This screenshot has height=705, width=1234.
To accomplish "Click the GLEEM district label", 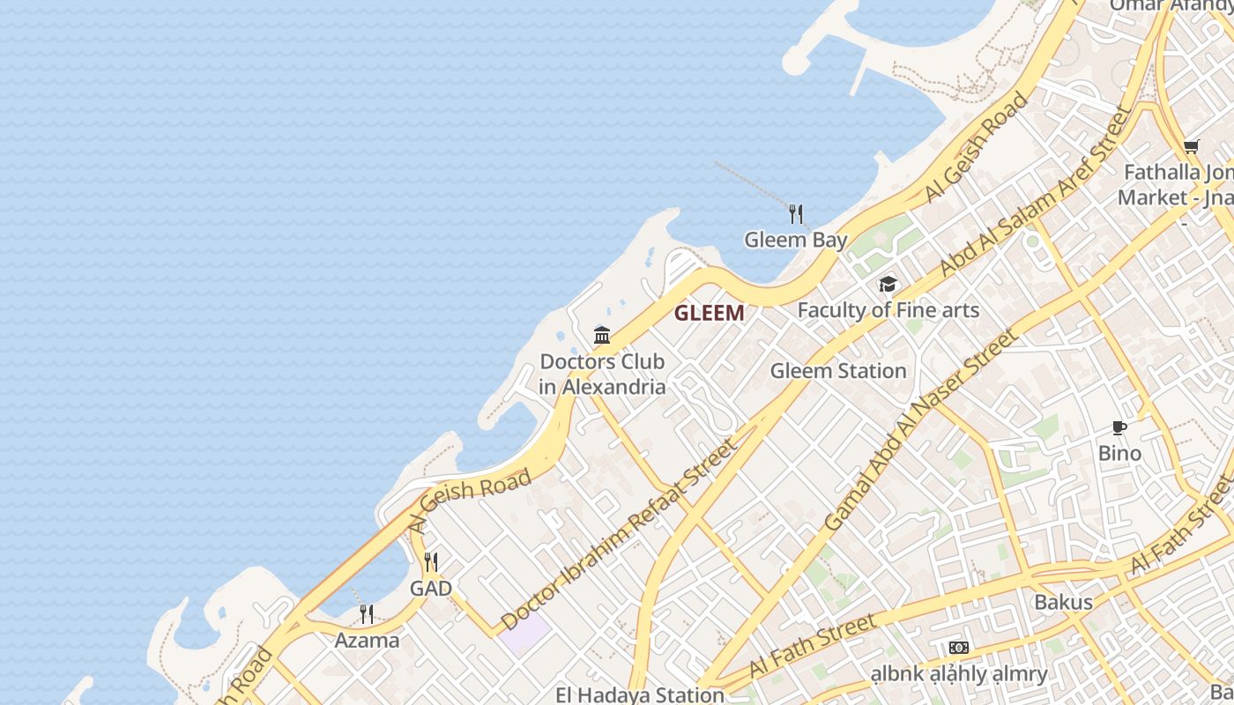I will click(709, 313).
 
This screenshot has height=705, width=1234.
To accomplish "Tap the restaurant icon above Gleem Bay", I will click(796, 213).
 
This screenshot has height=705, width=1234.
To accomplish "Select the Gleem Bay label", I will click(796, 240).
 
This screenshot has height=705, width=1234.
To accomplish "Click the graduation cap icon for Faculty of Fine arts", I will click(888, 284).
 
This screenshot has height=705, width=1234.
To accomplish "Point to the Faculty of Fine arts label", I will click(888, 310).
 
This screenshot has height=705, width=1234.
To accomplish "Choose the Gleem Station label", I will click(838, 371).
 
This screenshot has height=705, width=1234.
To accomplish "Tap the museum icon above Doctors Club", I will click(602, 335).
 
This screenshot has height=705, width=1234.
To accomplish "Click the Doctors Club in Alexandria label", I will click(602, 374).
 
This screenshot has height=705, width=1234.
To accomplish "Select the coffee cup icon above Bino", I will click(1119, 427).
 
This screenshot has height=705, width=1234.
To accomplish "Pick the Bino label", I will click(1119, 454).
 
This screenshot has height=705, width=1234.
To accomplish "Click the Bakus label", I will click(1063, 603).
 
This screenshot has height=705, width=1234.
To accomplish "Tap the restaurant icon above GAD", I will click(431, 561).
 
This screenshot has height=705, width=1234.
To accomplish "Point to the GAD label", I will click(431, 589).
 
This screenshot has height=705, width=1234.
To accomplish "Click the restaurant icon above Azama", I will click(367, 613).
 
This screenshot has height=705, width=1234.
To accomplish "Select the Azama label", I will click(367, 641).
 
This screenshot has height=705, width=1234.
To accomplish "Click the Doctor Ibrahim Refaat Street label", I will click(619, 534).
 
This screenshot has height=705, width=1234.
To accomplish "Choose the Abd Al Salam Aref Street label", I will click(1033, 191).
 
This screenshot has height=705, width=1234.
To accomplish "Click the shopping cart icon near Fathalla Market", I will click(1191, 146).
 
